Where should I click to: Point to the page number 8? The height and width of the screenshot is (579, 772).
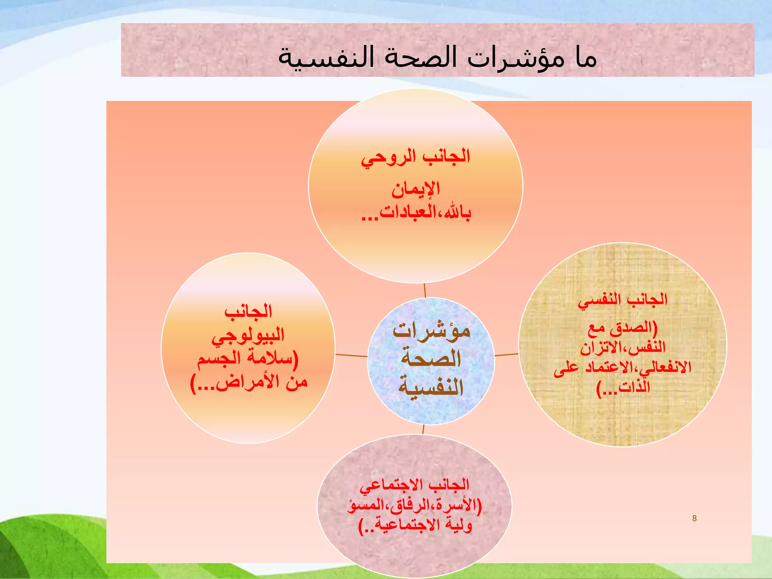pos(694,518)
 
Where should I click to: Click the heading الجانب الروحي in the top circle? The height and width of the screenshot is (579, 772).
pos(415,157)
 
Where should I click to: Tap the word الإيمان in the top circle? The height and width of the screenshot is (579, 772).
pos(415,188)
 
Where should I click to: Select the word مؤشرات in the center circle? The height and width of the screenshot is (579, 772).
pos(431,331)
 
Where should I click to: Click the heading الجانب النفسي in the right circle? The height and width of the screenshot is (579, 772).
pos(623,300)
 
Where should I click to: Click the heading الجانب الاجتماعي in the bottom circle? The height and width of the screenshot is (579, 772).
pos(414,485)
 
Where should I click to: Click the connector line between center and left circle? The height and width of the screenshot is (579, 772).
pos(351,355)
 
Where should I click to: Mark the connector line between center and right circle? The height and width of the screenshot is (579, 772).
pos(507,355)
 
